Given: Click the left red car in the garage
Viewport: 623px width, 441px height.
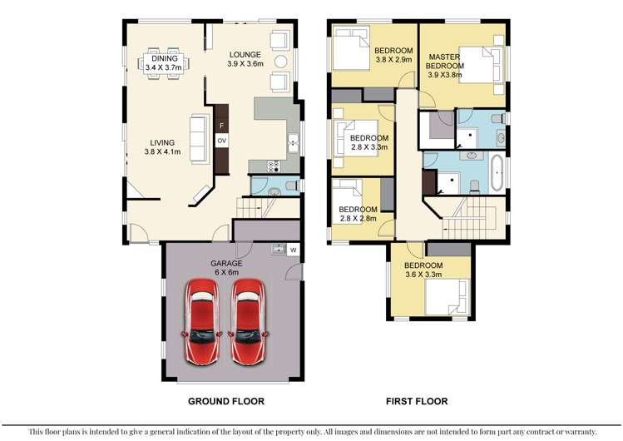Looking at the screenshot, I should [202, 321].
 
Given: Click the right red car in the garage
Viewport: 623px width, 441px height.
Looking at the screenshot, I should [249, 321].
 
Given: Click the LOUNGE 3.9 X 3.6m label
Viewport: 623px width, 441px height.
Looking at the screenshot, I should [245, 58].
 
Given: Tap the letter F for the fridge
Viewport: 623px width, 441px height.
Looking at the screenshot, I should [221, 126].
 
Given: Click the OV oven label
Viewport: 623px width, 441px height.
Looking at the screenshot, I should [222, 141].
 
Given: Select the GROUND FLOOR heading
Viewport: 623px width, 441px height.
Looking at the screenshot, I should [226, 401].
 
